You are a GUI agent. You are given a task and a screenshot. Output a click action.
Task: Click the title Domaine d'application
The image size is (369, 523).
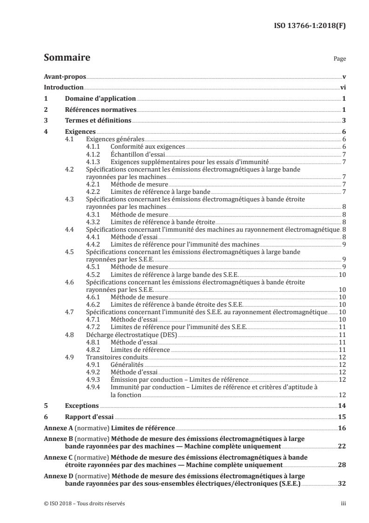pyautogui.click(x=100, y=99)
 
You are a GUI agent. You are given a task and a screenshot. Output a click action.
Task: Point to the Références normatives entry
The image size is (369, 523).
pyautogui.click(x=100, y=110)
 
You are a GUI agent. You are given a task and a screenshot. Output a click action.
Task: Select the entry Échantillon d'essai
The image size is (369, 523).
pyautogui.click(x=137, y=154)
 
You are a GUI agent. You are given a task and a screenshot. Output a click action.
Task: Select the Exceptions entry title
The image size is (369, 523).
pyautogui.click(x=82, y=406)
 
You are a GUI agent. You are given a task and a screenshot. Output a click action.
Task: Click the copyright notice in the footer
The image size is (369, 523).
pyautogui.click(x=84, y=504)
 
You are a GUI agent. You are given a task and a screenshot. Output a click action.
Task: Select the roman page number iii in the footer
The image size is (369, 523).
pyautogui.click(x=343, y=504)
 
